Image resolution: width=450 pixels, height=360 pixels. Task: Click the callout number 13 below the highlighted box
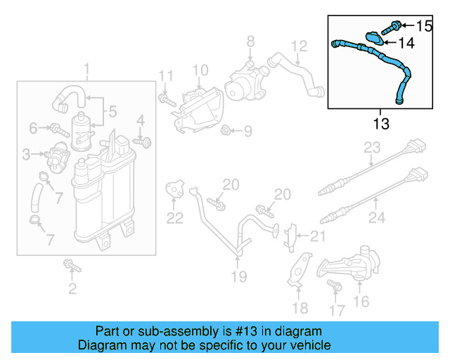pos(380,124)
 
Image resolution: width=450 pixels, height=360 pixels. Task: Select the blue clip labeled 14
pos(374,39)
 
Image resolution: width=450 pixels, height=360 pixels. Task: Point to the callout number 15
pos(424,26)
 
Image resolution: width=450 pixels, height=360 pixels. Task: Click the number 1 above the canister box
pos(86,70)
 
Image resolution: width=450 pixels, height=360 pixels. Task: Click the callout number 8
pos(250,44)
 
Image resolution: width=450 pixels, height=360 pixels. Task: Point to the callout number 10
pos(200,70)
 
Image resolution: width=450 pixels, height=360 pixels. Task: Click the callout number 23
pos(371,148)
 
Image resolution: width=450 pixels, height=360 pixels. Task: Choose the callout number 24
pos(377,219)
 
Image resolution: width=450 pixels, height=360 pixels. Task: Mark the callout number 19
pos(239,276)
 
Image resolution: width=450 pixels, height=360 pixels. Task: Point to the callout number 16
pos(361,302)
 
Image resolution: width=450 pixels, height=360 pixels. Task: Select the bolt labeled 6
pos(56,129)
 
